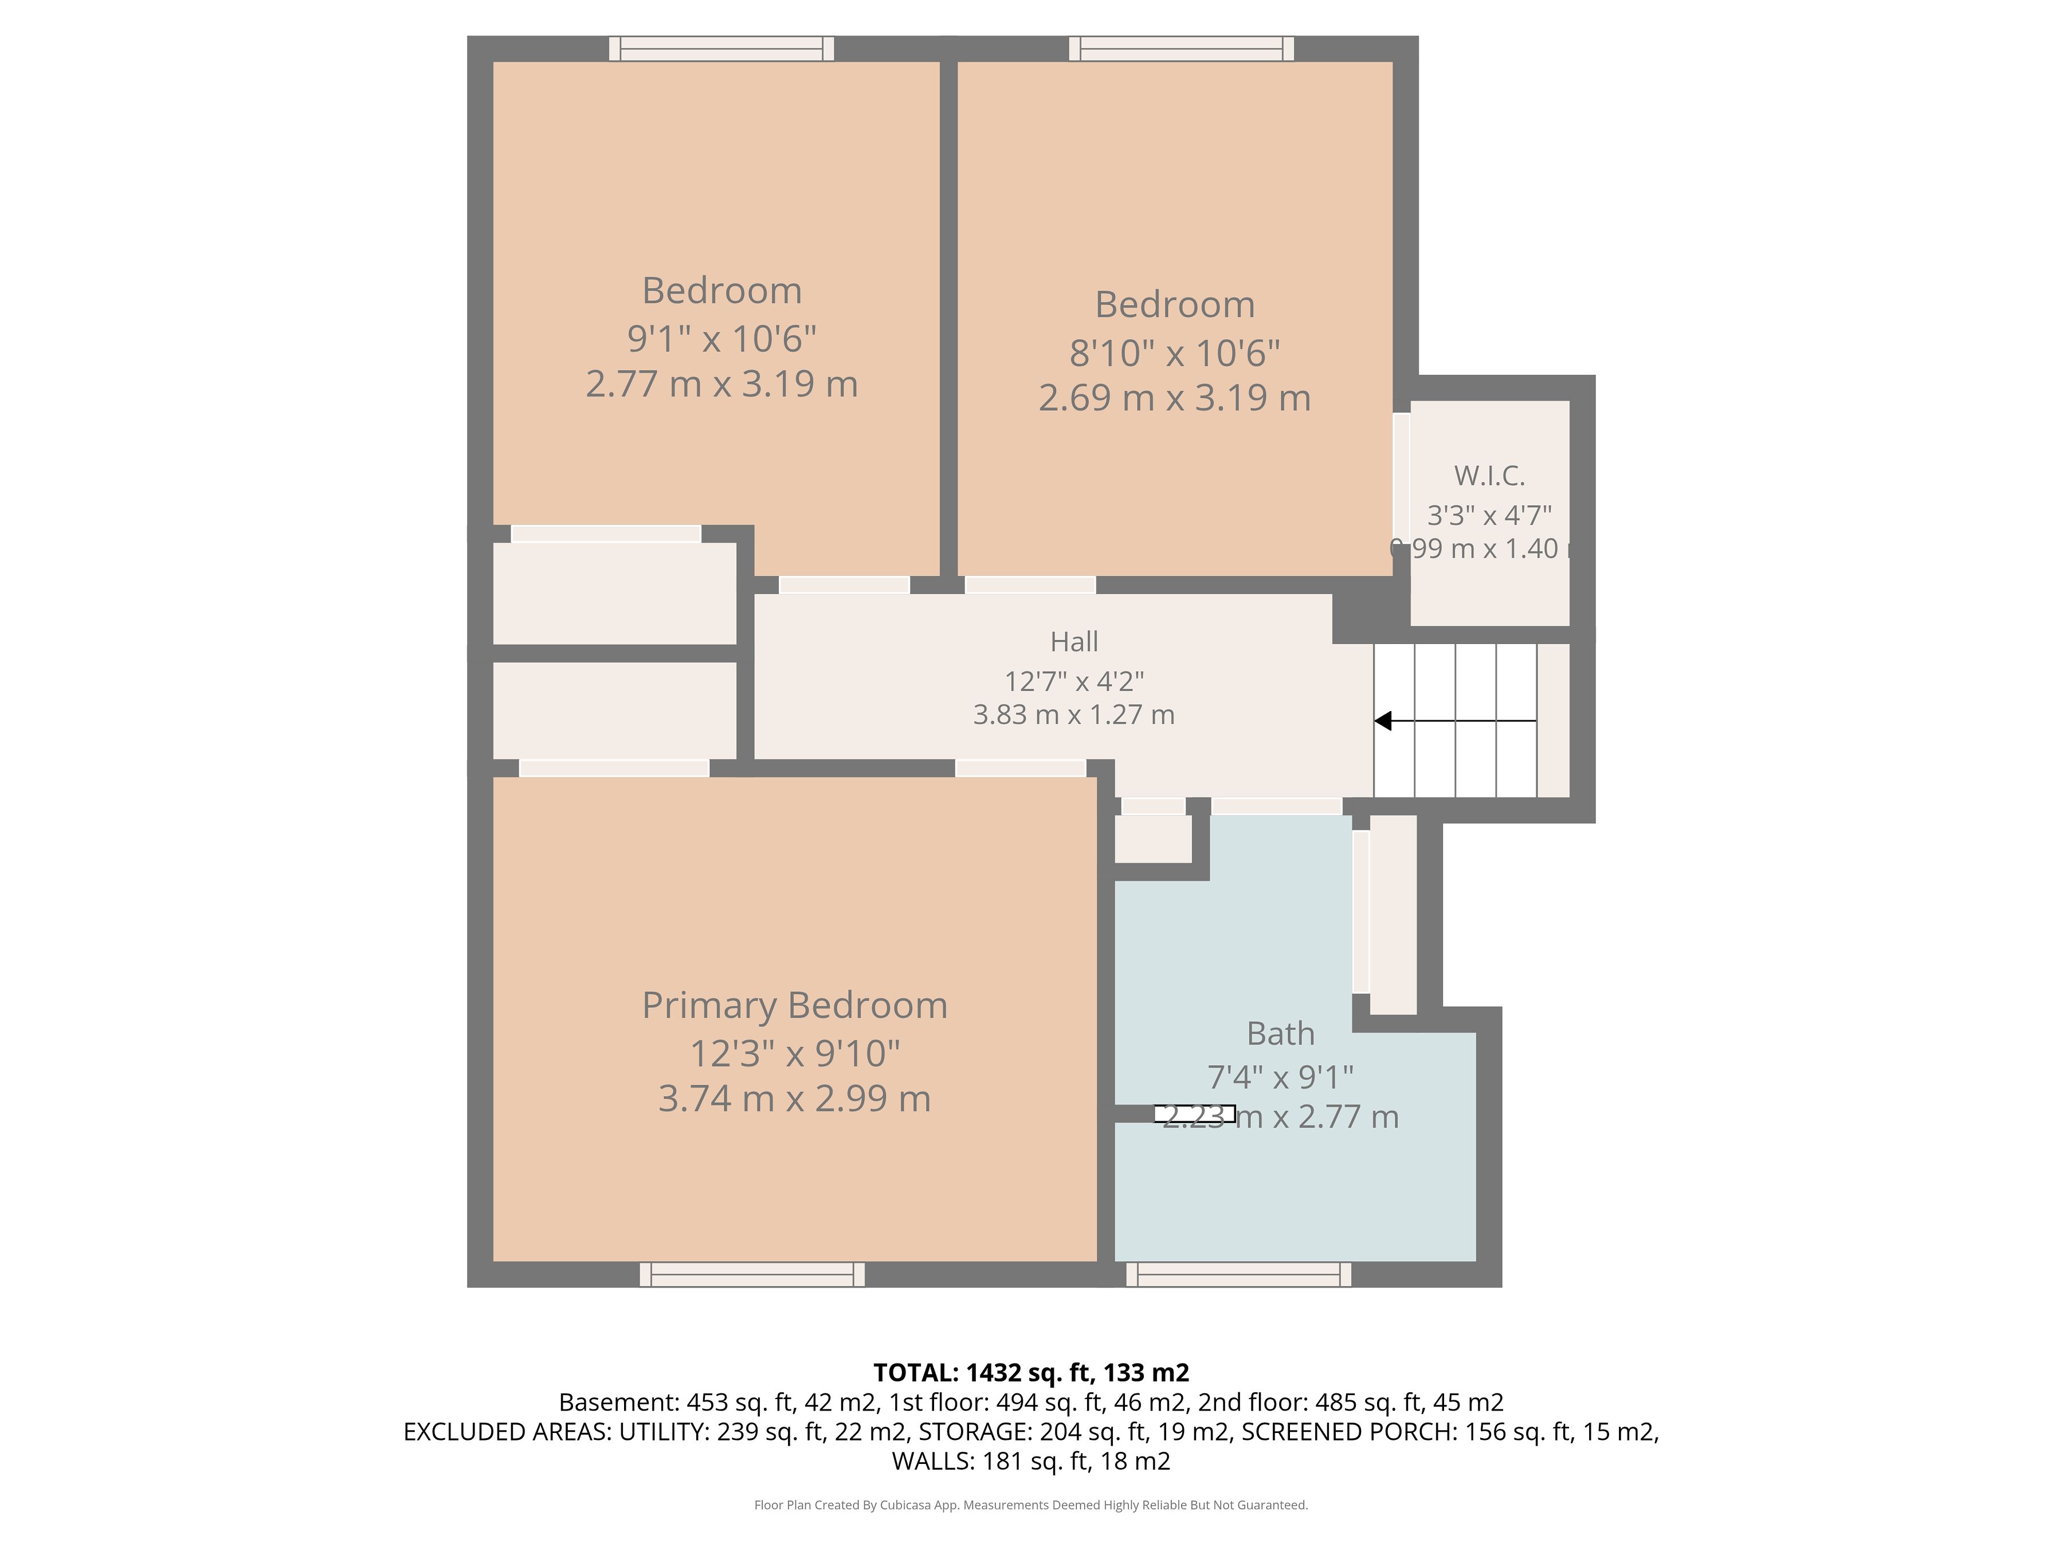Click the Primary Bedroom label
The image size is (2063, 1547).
(x=795, y=1005)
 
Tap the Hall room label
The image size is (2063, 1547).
(x=1074, y=642)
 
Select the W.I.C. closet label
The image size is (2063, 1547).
(x=1489, y=476)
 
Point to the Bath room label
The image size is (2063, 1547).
(x=1281, y=1033)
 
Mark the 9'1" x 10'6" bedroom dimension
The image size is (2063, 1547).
(x=722, y=339)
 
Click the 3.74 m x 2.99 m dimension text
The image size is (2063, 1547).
(x=795, y=1098)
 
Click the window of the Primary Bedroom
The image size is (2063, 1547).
(x=752, y=1275)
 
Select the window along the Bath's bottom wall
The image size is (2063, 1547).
(x=1238, y=1275)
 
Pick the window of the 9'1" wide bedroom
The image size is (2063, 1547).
(x=722, y=49)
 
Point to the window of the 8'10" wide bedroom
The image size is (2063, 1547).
(x=1182, y=49)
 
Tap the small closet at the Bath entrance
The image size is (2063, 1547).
(x=1154, y=838)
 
